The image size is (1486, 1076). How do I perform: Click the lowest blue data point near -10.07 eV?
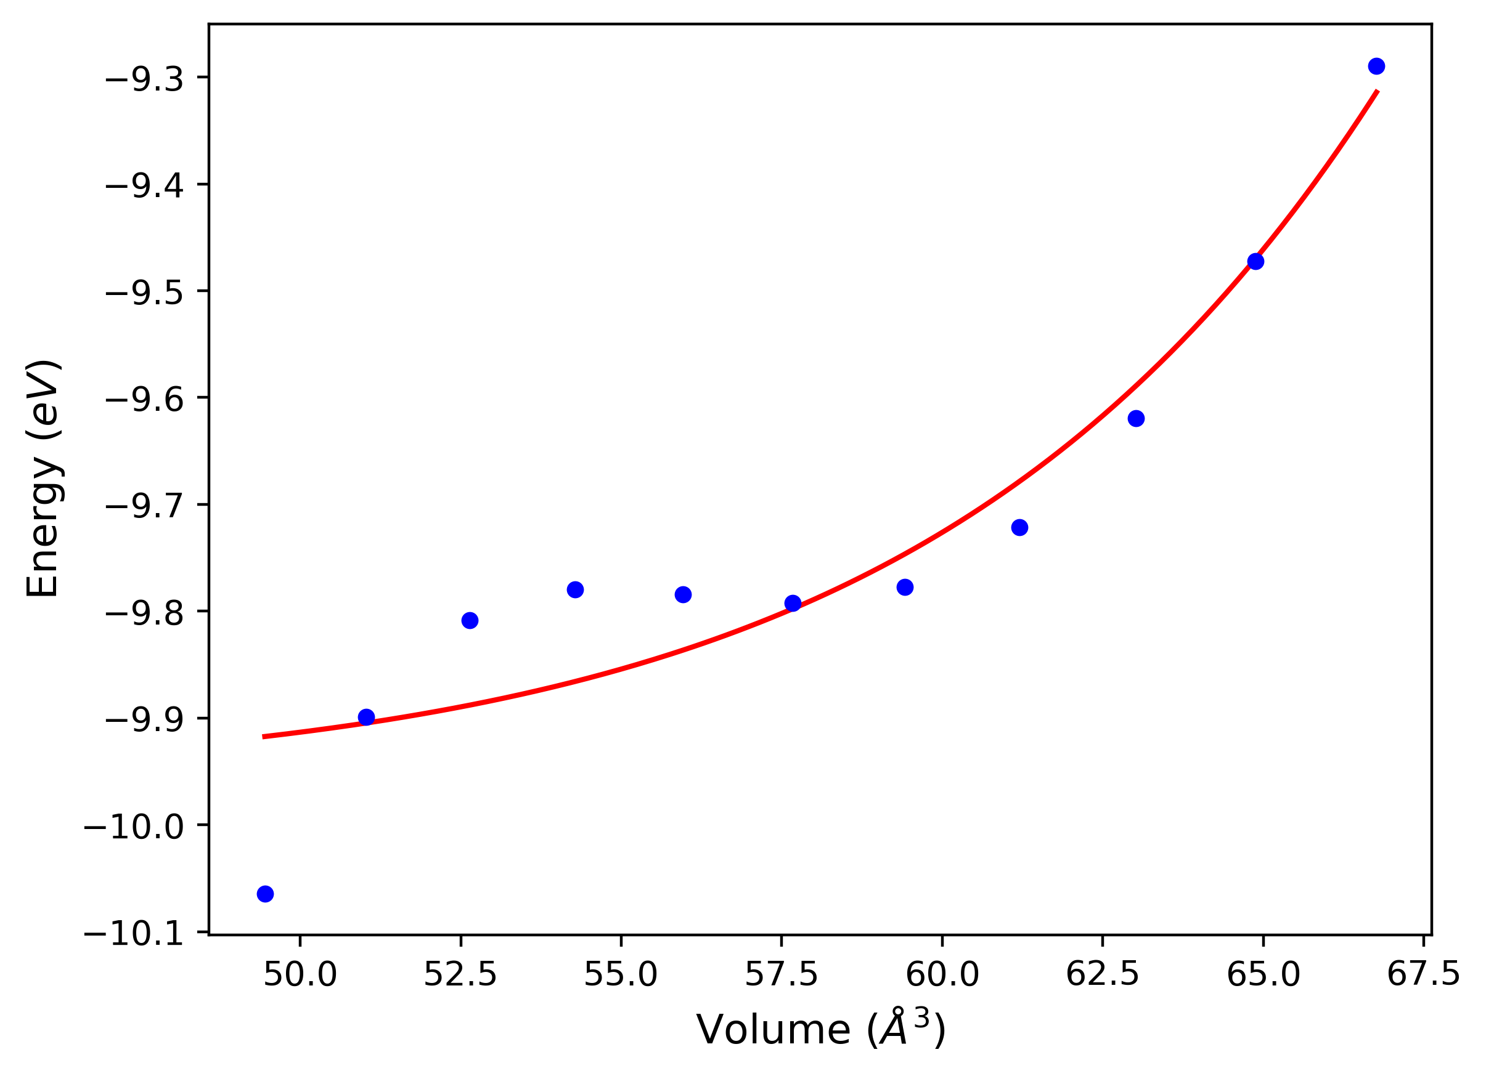click(x=266, y=894)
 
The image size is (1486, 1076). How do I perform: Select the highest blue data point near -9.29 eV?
click(x=1376, y=66)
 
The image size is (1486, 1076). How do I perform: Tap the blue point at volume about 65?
click(x=1255, y=261)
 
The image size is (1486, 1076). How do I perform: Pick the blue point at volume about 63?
click(x=1136, y=418)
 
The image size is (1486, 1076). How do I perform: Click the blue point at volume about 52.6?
click(x=470, y=620)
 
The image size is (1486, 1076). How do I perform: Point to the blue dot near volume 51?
click(x=366, y=717)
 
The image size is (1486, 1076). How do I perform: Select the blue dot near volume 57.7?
click(x=793, y=603)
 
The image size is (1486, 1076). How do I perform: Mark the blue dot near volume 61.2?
click(x=1019, y=527)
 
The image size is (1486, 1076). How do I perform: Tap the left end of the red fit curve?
click(x=263, y=737)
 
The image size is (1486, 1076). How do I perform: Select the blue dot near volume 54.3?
click(x=575, y=589)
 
